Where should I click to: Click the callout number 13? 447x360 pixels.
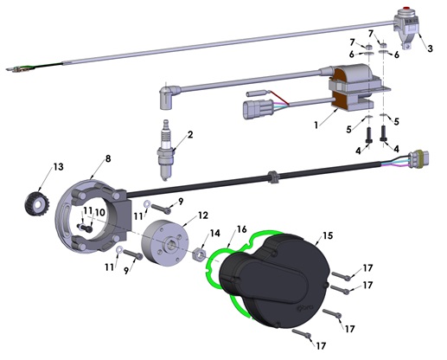pyautogui.click(x=58, y=166)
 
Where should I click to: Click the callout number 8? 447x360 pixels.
pyautogui.click(x=108, y=158)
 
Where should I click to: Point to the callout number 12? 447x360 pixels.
pyautogui.click(x=202, y=214)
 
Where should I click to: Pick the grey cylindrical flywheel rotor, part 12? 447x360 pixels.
pyautogui.click(x=163, y=241)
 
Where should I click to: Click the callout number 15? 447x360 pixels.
pyautogui.click(x=327, y=234)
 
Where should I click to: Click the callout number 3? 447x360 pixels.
pyautogui.click(x=430, y=49)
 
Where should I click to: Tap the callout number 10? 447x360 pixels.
pyautogui.click(x=99, y=211)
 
